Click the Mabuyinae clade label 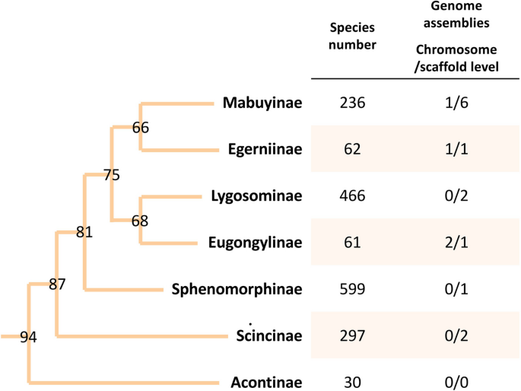(263, 102)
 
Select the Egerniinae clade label (265, 149)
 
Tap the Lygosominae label (257, 195)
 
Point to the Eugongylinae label (255, 243)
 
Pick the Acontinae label (266, 383)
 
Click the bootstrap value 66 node (140, 127)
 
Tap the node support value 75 (112, 175)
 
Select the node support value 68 (140, 221)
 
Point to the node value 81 (84, 233)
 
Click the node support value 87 (58, 285)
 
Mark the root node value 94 (29, 337)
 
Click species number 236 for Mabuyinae (354, 102)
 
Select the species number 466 (354, 195)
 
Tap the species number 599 (354, 289)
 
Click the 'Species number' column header (354, 36)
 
